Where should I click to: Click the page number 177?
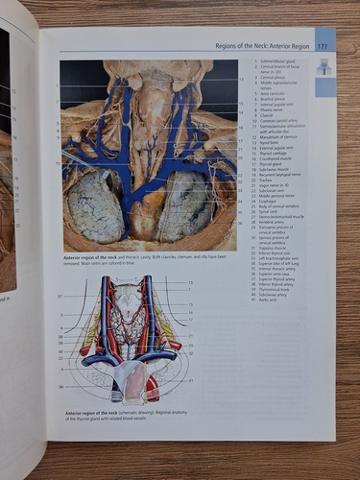tap(323, 46)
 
